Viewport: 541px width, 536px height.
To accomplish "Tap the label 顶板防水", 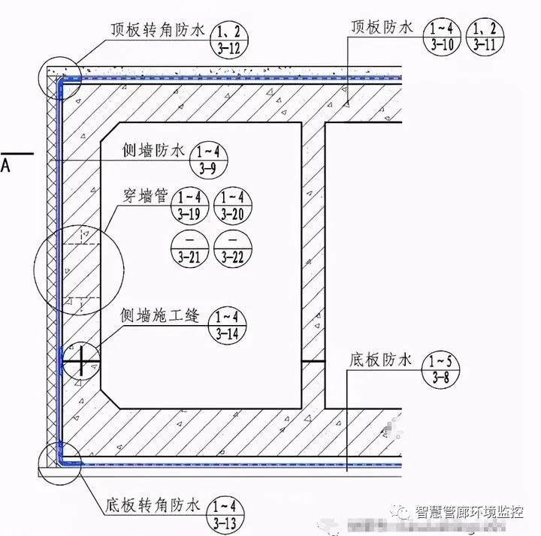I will [381, 28].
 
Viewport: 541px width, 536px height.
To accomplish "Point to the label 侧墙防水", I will [153, 152].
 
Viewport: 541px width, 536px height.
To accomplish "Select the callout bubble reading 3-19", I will [189, 205].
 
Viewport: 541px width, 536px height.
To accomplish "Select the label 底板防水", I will [381, 360].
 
